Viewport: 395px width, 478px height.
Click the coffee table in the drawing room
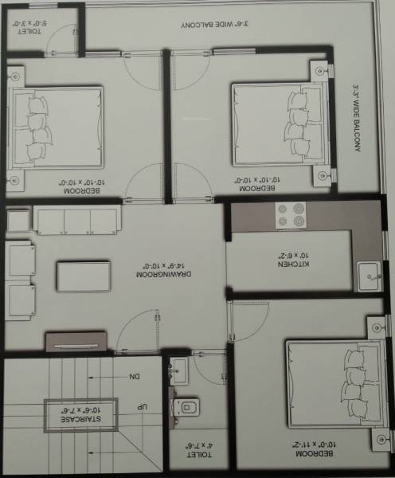point(84,276)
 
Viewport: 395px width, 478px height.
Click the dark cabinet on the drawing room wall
point(75,342)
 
